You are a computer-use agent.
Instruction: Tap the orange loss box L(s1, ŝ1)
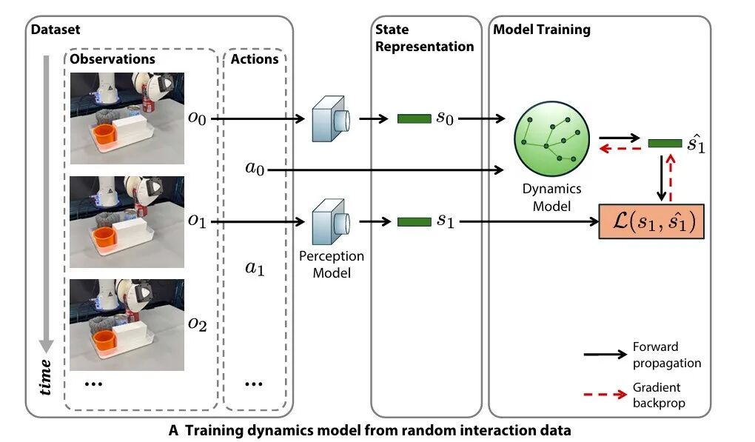[651, 221]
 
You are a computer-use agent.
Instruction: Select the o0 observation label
[196, 117]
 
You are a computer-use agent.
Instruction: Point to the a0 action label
[255, 170]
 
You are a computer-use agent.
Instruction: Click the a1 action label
[255, 267]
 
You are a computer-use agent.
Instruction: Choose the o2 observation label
[196, 324]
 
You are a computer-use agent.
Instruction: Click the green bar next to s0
[412, 118]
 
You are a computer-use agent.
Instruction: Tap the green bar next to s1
[412, 221]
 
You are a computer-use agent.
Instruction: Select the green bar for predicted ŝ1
[665, 142]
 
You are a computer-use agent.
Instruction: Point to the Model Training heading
[542, 30]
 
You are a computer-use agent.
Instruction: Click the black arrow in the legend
[605, 355]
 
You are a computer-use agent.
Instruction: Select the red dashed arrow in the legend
[605, 394]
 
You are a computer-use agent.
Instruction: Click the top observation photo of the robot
[127, 118]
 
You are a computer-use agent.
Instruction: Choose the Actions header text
[255, 58]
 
